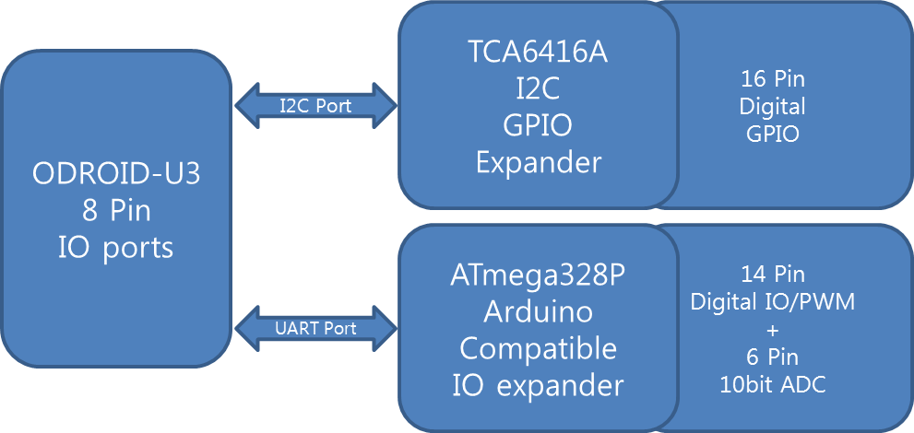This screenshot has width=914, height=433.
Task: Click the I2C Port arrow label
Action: click(x=315, y=105)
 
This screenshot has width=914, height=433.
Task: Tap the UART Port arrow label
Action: click(x=315, y=327)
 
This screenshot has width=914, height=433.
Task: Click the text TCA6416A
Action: click(x=538, y=53)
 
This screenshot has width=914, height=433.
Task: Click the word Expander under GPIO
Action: click(x=539, y=163)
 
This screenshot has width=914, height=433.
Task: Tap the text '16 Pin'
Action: click(x=773, y=79)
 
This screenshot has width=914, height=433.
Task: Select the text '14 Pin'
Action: click(x=773, y=274)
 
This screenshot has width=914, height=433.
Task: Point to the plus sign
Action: click(x=773, y=330)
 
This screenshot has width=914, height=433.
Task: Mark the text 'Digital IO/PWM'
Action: click(x=773, y=301)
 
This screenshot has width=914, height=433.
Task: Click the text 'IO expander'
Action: click(x=539, y=385)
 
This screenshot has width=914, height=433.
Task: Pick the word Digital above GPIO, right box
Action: click(x=773, y=106)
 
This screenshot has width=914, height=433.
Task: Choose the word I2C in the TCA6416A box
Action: click(x=539, y=89)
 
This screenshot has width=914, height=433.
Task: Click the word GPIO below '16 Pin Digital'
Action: click(x=773, y=134)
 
